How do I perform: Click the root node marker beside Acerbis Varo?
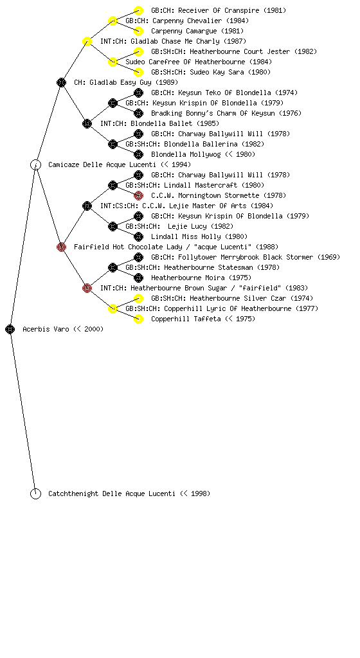tap(10, 329)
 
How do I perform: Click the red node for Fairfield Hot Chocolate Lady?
tap(61, 247)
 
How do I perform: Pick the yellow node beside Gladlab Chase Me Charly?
tap(87, 41)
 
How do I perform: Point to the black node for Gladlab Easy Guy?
tap(61, 82)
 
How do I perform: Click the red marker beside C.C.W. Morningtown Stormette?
tap(138, 195)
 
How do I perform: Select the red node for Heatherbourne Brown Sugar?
tap(87, 288)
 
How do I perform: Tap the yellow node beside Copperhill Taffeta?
tap(138, 319)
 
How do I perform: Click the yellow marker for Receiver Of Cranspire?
tap(138, 10)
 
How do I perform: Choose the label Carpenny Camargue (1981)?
tap(197, 31)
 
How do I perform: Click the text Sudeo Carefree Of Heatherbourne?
tap(185, 62)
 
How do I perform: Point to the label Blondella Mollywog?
tap(186, 154)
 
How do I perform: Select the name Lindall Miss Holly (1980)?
tap(199, 236)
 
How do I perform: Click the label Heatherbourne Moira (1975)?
tap(201, 278)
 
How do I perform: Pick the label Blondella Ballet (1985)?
tap(175, 124)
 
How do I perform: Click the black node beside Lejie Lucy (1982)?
tap(113, 226)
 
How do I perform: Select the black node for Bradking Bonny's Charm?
tap(138, 113)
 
